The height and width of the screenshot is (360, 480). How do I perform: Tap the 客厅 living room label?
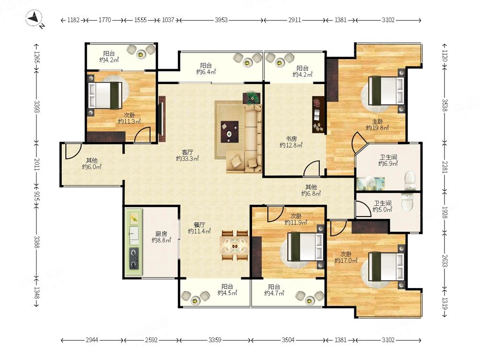[187, 152]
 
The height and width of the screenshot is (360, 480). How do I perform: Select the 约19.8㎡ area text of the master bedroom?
[377, 128]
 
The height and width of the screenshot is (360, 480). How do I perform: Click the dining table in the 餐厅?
[235, 245]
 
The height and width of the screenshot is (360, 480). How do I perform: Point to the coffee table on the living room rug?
[229, 132]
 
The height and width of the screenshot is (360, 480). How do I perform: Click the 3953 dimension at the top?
[221, 20]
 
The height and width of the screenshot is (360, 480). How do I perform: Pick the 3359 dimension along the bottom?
[215, 340]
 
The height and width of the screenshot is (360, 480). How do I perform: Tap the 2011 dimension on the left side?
[36, 164]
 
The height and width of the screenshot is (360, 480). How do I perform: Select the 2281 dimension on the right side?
[445, 168]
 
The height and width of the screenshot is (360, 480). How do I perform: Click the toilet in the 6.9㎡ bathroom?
[409, 180]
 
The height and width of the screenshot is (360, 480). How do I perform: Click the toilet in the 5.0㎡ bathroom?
[408, 202]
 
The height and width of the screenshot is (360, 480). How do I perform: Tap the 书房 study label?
[291, 139]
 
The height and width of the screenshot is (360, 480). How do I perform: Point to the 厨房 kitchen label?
[161, 234]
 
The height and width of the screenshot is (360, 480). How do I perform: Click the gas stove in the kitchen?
[134, 259]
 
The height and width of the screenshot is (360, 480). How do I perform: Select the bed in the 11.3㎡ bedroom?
[105, 95]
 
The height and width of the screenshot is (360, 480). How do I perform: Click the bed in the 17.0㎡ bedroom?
[386, 266]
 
